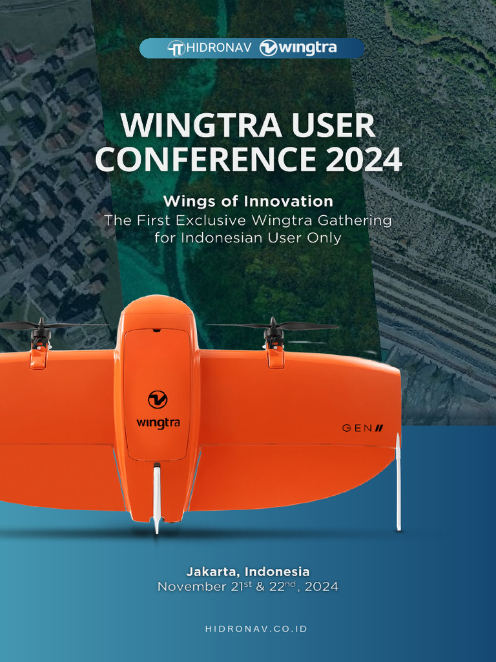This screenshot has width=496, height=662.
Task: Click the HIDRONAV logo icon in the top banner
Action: [176, 48]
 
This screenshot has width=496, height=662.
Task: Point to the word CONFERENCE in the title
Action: [206, 160]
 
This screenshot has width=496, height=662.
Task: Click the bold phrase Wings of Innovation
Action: [248, 201]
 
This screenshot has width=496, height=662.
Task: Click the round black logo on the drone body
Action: [158, 400]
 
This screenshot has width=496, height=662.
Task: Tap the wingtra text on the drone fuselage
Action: [158, 423]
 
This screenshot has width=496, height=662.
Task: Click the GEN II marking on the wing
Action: [363, 428]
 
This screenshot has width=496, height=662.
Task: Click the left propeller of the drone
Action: [40, 325]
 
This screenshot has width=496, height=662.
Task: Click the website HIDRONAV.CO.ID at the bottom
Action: [256, 629]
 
